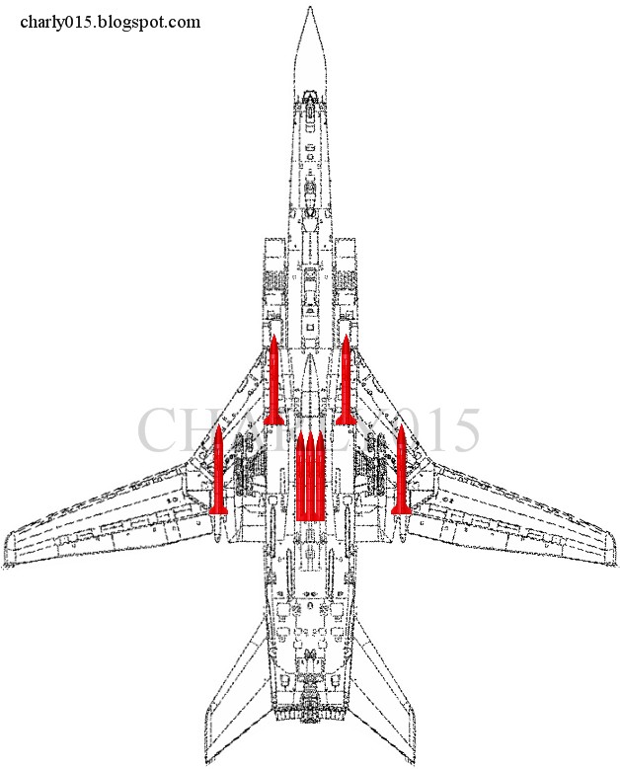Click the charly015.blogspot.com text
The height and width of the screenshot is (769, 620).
110,22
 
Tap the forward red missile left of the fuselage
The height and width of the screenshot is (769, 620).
273,381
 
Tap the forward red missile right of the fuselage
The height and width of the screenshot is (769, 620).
346,381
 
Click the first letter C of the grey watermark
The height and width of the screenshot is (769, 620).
158,430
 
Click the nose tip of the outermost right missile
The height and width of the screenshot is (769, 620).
401,428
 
